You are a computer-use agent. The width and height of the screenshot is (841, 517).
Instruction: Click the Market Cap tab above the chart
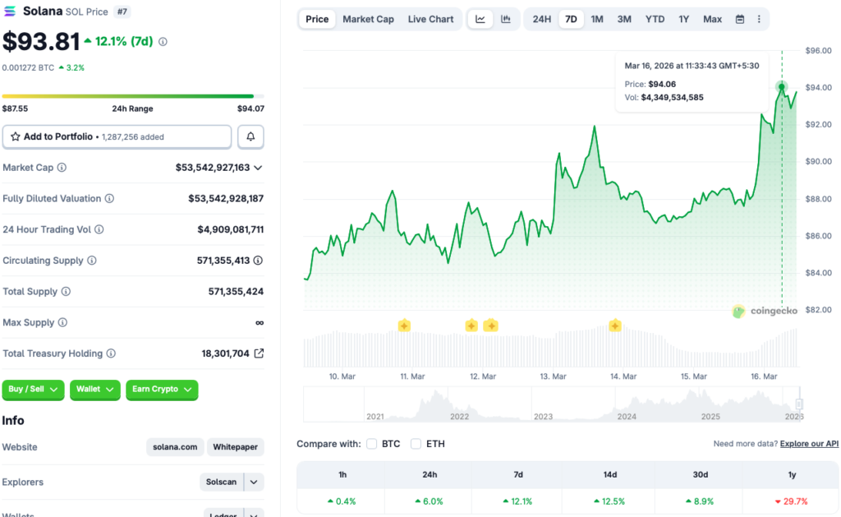pos(368,19)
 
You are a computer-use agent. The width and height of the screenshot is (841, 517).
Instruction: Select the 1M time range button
pos(597,19)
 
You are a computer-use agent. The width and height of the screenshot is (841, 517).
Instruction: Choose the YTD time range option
pos(655,19)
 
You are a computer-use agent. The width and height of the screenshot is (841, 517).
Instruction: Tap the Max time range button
pos(712,19)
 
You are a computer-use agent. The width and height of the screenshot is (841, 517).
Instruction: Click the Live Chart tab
pos(430,19)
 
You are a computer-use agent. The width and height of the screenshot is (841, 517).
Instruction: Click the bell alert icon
pos(250,136)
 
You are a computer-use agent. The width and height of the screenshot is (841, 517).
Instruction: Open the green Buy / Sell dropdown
pos(33,389)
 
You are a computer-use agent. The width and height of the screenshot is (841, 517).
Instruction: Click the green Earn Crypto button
pos(162,389)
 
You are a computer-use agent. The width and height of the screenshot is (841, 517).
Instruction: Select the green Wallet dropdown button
pos(94,389)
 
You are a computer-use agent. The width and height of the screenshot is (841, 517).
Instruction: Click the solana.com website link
pos(175,447)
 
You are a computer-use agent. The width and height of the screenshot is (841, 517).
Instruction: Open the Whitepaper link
pos(235,447)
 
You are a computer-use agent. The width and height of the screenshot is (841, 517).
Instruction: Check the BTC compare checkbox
pos(372,444)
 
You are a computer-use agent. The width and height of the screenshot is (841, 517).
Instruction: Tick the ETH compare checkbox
pos(416,444)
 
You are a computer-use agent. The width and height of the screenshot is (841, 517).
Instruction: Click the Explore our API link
pos(809,444)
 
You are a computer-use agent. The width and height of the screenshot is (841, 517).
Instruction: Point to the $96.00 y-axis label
pos(818,50)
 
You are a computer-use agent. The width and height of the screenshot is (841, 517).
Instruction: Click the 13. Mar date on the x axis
pos(553,376)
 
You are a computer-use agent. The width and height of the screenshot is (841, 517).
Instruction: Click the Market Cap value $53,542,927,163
pos(213,168)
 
